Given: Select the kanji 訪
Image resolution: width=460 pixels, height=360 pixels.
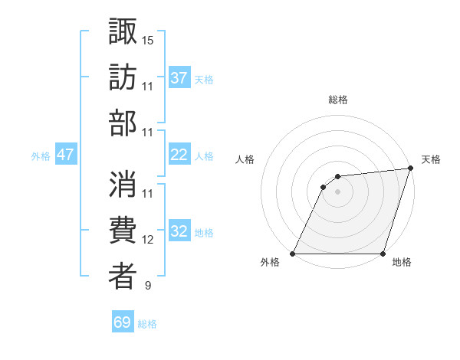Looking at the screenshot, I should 123,77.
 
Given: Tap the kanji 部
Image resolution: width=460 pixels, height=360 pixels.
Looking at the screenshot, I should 123,123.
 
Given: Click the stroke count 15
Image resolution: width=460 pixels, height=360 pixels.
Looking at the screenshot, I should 148,39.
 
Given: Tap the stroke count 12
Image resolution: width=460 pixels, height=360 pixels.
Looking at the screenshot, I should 148,240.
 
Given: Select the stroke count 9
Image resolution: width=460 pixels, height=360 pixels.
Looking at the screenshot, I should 147,286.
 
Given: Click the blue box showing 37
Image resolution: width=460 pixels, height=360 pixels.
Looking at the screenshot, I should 179,77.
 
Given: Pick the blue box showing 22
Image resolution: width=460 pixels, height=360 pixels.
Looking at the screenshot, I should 179,155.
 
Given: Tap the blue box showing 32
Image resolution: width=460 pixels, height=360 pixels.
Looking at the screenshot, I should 179,231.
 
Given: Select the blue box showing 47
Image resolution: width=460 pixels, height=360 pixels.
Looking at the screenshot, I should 65,155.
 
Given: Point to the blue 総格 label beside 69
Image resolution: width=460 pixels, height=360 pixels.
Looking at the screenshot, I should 147,324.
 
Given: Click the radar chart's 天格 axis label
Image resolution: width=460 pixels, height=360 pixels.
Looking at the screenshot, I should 431,159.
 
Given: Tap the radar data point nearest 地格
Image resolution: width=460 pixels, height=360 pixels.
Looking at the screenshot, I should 383,254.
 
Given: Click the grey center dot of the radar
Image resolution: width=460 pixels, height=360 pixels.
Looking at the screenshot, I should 337,191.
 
